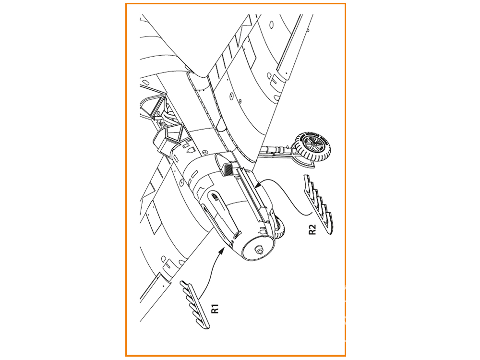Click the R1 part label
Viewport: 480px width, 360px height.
[x=215, y=309]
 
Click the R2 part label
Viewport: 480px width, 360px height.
[x=312, y=229]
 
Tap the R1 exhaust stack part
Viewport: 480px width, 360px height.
[x=195, y=305]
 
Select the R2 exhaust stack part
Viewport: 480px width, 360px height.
[x=318, y=204]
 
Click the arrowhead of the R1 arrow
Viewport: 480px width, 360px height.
[x=221, y=251]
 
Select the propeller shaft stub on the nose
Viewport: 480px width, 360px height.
[x=259, y=250]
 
